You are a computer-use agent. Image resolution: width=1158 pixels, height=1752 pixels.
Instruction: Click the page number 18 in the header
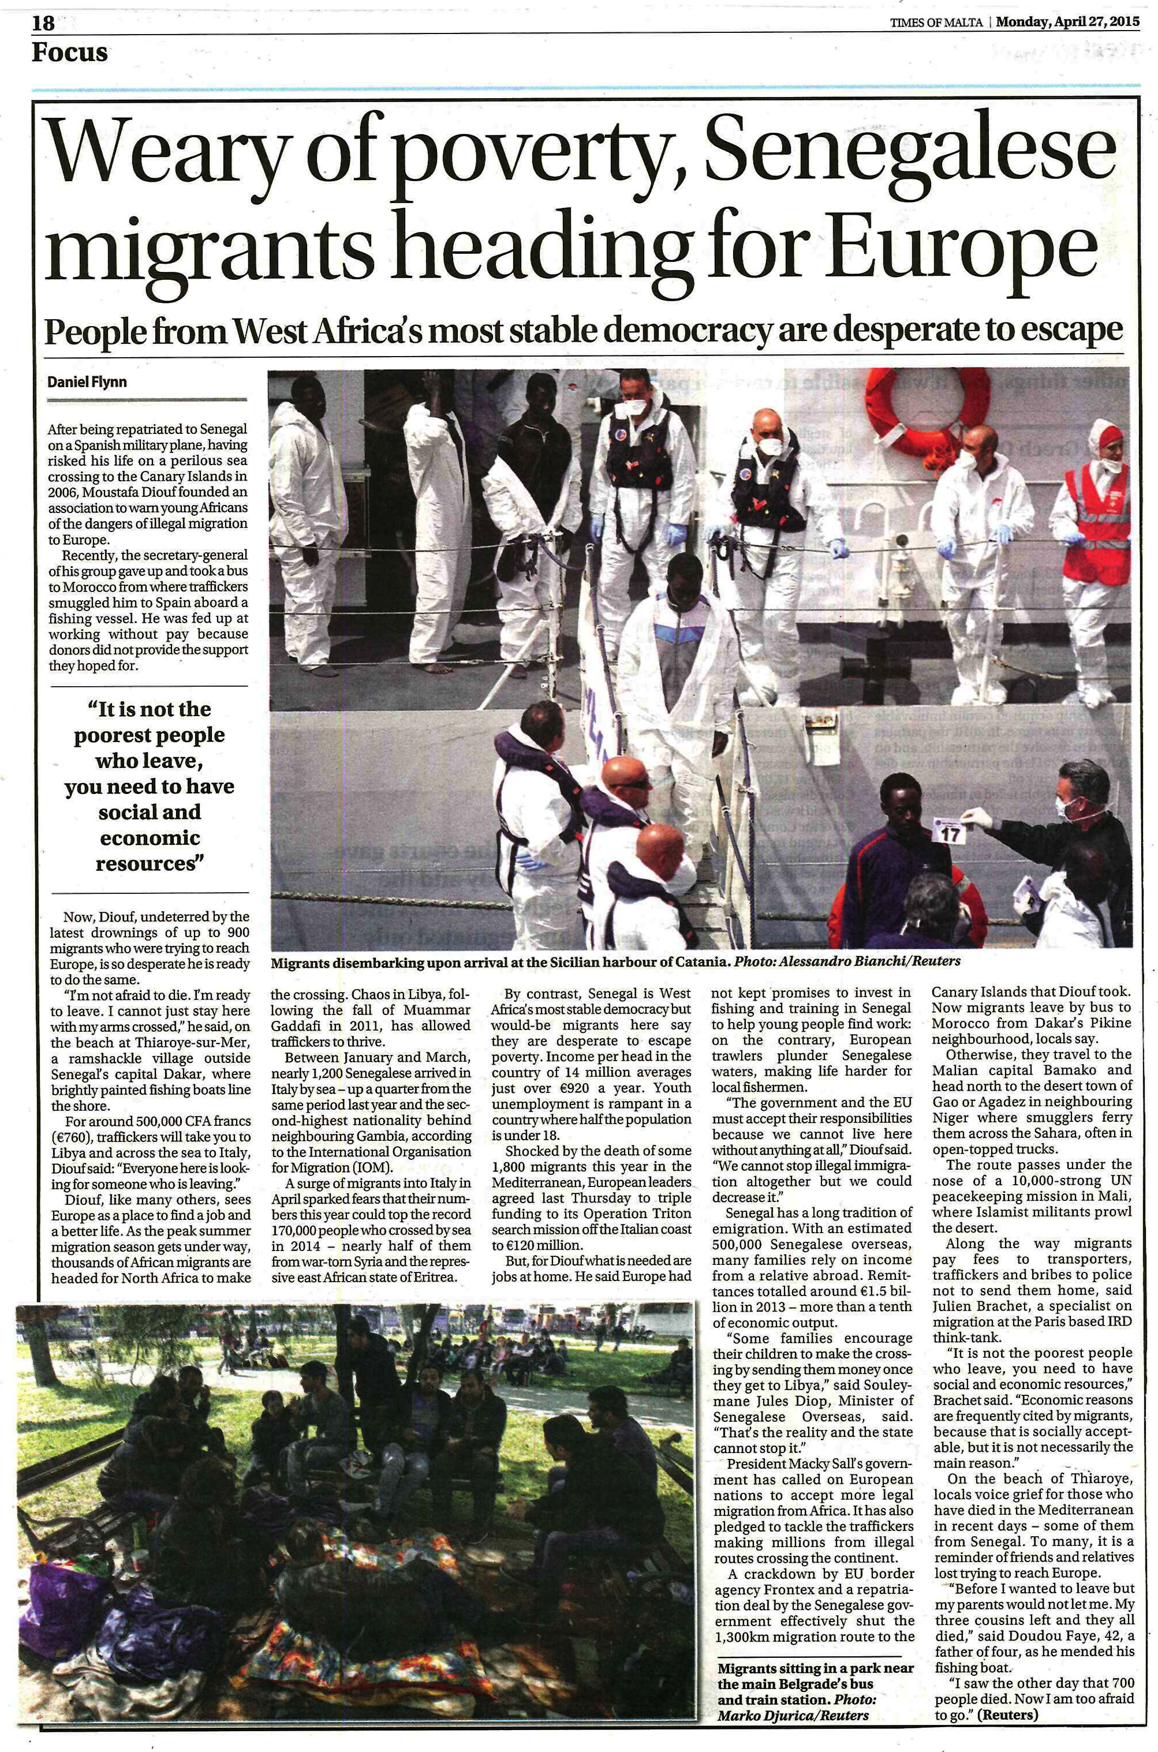(x=43, y=23)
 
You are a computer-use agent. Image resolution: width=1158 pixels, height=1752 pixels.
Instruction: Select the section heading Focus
(x=69, y=53)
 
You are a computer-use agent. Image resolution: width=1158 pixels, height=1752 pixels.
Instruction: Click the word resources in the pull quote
(x=149, y=864)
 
